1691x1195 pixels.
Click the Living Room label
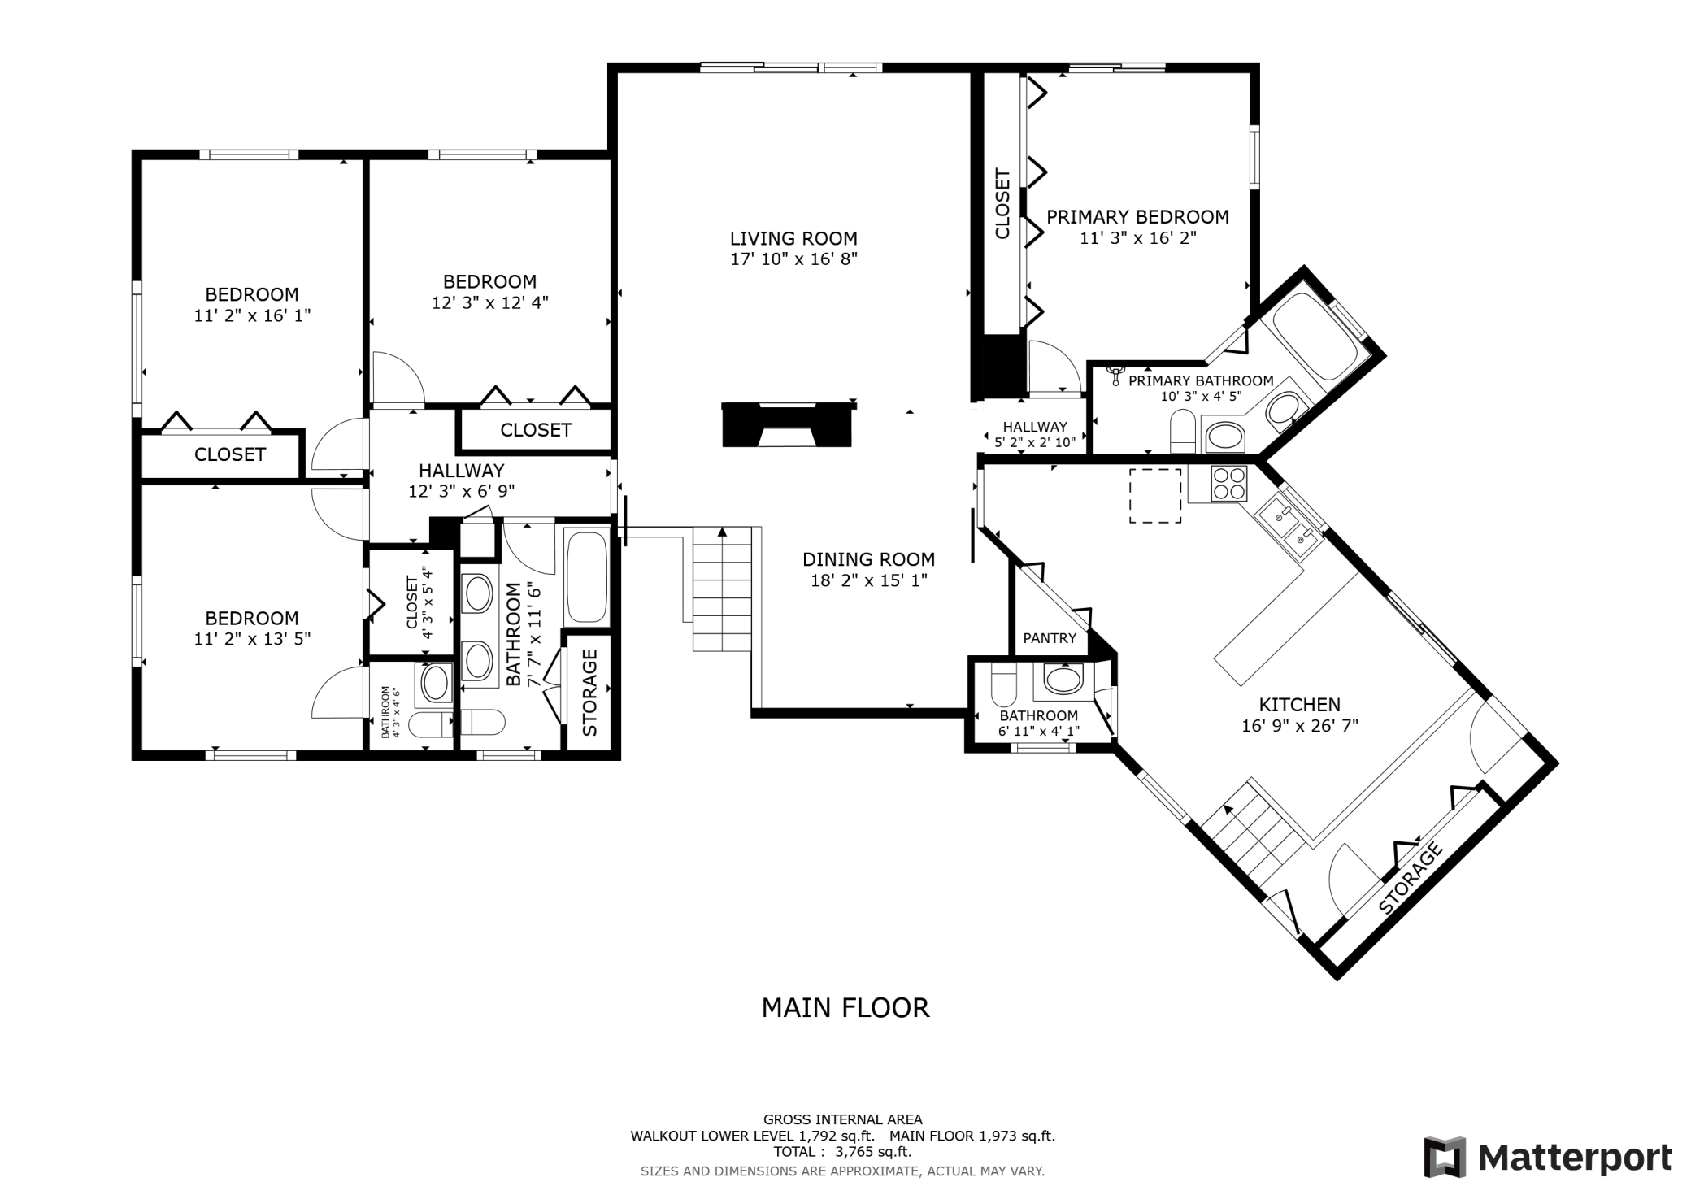[x=793, y=239]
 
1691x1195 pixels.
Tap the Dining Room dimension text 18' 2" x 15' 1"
[x=869, y=580]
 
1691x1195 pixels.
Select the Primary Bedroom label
[x=1137, y=217]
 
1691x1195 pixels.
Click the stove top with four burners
[x=1228, y=484]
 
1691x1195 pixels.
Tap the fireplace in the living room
[x=787, y=424]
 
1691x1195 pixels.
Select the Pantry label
[x=1050, y=638]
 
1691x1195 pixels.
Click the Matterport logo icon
[x=1445, y=1157]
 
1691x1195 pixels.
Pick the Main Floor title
[x=845, y=1008]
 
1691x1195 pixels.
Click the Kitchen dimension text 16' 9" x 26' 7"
[x=1300, y=726]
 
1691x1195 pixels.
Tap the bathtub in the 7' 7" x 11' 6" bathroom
[x=586, y=577]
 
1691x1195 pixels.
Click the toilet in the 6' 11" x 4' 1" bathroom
[x=1004, y=686]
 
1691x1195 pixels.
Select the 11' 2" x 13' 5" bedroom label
[x=252, y=619]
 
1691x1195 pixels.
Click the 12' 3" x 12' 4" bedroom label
[x=489, y=282]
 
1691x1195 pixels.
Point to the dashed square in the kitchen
[x=1155, y=496]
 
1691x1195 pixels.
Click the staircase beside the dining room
[x=722, y=589]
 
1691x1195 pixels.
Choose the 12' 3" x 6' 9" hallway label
[x=462, y=471]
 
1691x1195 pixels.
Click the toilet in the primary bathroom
[x=1182, y=432]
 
